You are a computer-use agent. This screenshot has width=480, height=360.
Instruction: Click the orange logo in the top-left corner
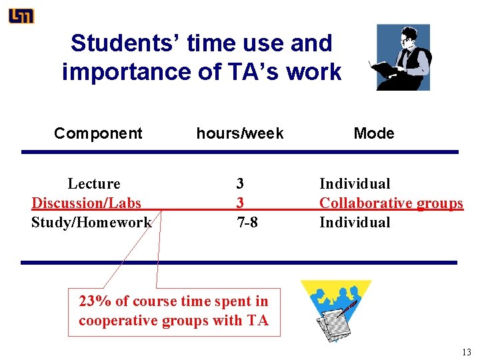[21, 16]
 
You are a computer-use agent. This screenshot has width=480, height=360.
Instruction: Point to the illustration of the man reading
[403, 57]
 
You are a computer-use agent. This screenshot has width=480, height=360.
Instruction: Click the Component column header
[98, 133]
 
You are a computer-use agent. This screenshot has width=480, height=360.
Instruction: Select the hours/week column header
[239, 133]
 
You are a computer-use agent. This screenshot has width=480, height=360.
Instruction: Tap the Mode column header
[373, 133]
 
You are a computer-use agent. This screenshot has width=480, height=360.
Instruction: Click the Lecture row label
[94, 183]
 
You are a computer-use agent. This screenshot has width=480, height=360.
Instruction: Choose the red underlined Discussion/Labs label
[87, 203]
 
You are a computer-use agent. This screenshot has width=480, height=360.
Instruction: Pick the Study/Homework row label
[91, 222]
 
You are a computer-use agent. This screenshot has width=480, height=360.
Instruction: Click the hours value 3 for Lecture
[240, 183]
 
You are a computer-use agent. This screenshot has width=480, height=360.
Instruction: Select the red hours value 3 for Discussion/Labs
[240, 203]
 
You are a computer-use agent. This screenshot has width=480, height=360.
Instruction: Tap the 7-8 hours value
[247, 222]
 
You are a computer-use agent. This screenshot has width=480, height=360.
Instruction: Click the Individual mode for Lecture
[355, 183]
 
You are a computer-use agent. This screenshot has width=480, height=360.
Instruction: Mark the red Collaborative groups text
[391, 203]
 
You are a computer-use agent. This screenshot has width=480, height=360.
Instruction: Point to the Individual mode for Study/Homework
[355, 222]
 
